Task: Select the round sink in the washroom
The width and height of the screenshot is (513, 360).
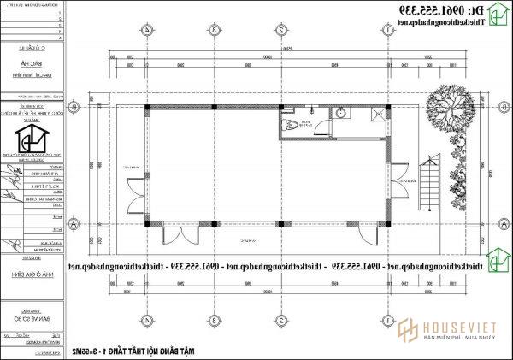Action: (341, 113)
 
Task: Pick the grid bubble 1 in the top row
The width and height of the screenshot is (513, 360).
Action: (388, 30)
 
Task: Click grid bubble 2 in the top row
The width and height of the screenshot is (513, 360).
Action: (280, 30)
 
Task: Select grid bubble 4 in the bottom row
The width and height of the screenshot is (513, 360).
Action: (147, 321)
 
